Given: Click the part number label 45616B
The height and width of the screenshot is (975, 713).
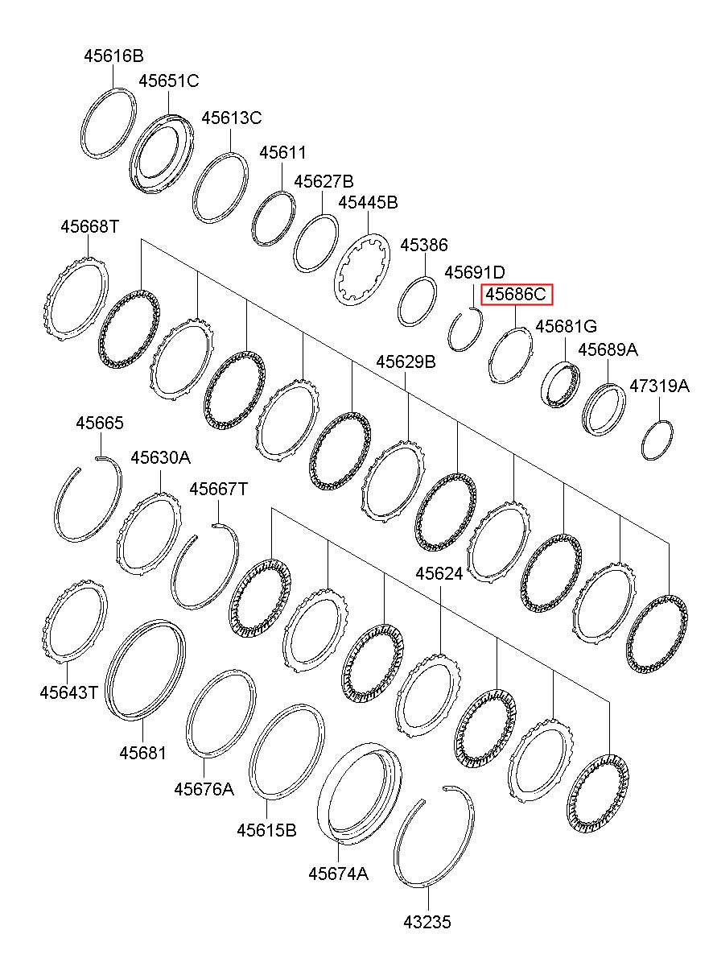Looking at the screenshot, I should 113,56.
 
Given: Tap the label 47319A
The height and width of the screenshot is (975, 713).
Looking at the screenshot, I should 658,386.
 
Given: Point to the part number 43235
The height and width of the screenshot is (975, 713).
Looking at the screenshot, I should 427,923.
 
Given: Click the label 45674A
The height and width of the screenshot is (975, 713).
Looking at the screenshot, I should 338,874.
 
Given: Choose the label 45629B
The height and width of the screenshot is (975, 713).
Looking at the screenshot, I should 406,362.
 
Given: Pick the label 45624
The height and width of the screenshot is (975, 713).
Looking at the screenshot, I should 439,573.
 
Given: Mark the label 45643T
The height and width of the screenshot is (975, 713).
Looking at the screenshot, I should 68,692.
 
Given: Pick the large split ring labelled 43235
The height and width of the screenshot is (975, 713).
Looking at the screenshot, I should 435,837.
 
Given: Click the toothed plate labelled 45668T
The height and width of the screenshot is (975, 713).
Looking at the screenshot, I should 74,299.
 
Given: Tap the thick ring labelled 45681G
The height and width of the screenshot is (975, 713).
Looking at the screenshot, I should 559,385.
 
